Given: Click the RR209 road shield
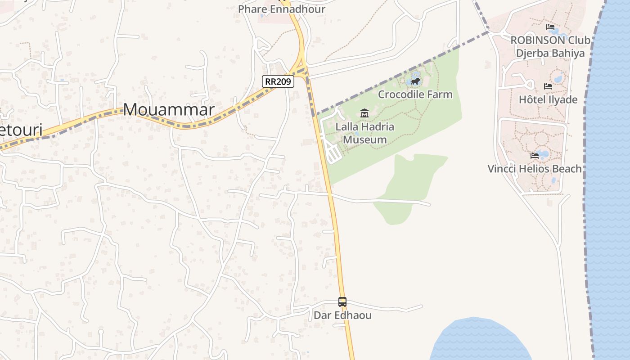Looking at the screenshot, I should [278, 81].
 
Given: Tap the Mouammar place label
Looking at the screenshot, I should [169, 109].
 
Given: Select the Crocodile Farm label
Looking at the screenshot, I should [415, 94].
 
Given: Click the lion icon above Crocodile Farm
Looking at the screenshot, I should [415, 81].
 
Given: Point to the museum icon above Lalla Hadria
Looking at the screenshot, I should [364, 113].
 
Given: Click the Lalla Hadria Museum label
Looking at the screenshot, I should [365, 133].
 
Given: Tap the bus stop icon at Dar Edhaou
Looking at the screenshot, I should [342, 302].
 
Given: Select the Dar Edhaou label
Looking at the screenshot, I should [342, 315].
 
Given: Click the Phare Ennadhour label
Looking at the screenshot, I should [282, 9].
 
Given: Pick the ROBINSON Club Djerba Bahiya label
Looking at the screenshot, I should [550, 46].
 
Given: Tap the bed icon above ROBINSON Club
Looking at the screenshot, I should [550, 27].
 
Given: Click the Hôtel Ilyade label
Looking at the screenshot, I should [548, 99].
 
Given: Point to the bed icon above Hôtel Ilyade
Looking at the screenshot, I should [548, 86].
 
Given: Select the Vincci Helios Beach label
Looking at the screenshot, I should [535, 168].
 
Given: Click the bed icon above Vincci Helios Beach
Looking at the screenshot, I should [535, 156].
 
